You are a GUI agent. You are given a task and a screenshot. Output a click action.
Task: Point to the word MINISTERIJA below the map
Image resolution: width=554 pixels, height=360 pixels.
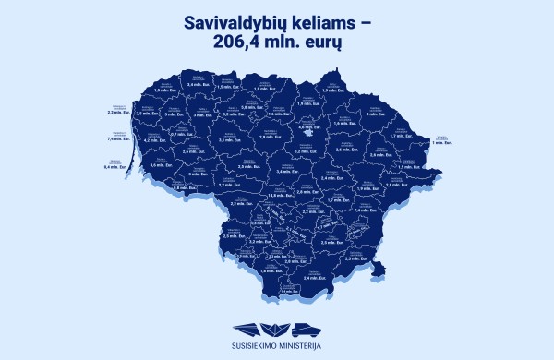pyautogui.click(x=302, y=346)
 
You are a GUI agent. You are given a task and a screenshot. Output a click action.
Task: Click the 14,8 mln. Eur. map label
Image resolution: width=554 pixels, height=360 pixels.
pyautogui.click(x=274, y=196)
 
